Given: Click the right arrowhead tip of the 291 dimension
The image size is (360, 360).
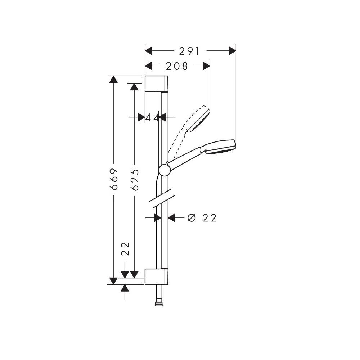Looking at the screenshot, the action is [x=236, y=51].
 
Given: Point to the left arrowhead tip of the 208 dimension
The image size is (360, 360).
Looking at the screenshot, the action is [x=145, y=66].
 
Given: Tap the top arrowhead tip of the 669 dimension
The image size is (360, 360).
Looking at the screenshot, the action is [x=113, y=76].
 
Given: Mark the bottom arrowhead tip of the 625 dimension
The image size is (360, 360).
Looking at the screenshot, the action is [x=134, y=278].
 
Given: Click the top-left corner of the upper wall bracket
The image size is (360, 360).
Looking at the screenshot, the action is [x=145, y=76].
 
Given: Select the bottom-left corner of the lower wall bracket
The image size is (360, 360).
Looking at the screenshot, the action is [x=145, y=284].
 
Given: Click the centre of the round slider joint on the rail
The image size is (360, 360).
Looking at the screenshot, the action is [x=165, y=170].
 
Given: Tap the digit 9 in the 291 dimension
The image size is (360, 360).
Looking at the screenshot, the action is [x=189, y=51].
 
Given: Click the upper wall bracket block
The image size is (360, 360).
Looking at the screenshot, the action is [x=157, y=84].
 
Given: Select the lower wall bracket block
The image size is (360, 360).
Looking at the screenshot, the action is [x=157, y=276].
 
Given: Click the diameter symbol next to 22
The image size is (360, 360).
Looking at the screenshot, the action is [x=192, y=218].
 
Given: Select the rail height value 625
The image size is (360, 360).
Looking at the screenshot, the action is [x=135, y=180].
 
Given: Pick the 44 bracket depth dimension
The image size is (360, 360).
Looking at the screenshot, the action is [x=152, y=118].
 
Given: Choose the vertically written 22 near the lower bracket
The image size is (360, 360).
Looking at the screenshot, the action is [x=126, y=249].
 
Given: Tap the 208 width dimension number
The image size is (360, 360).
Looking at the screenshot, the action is [x=177, y=66].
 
